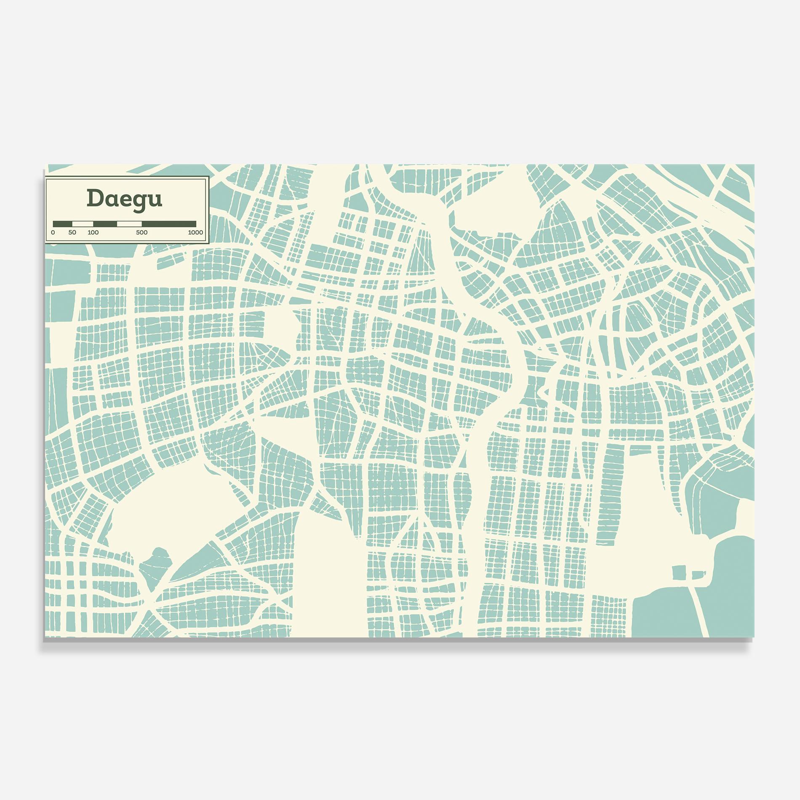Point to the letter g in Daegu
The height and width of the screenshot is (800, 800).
click(x=139, y=200)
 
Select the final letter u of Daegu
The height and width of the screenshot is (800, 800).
click(x=155, y=199)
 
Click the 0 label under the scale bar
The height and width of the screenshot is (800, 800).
click(x=53, y=232)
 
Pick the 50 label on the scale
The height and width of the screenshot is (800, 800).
click(x=72, y=232)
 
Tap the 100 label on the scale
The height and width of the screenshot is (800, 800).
click(x=93, y=232)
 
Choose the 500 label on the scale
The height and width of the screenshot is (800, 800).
click(x=142, y=232)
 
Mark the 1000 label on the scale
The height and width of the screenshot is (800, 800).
click(x=195, y=232)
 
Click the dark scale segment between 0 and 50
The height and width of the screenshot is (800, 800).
click(x=62, y=224)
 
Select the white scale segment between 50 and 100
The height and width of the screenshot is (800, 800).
click(x=83, y=224)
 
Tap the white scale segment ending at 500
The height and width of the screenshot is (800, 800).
click(x=129, y=224)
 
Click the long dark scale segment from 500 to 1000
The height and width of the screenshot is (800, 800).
click(x=169, y=224)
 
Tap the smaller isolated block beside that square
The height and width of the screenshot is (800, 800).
click(x=699, y=575)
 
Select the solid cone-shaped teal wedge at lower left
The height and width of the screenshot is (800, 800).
click(x=198, y=560)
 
